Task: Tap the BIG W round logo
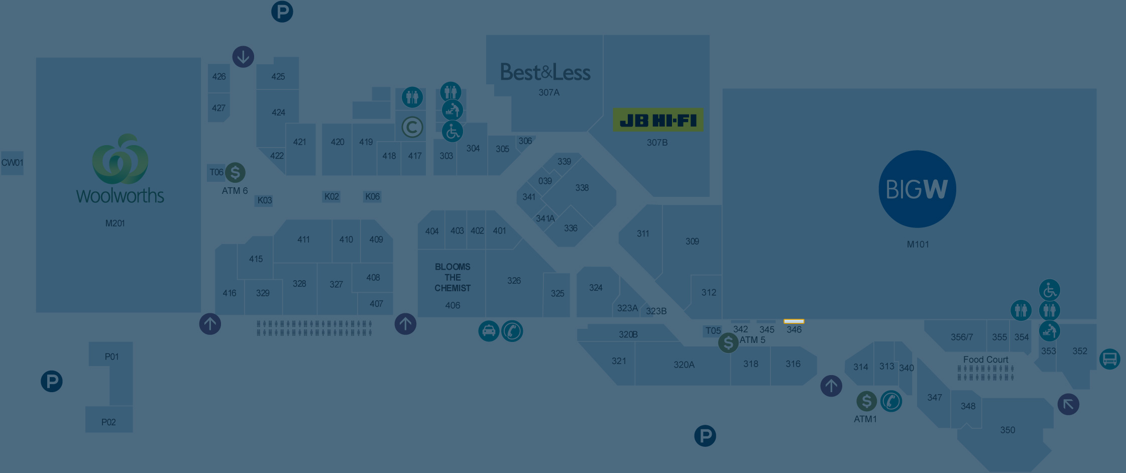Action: [x=917, y=189]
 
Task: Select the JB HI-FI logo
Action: [x=658, y=121]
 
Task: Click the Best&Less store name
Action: [x=545, y=73]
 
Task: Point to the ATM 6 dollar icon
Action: [x=235, y=172]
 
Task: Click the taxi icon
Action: [x=489, y=331]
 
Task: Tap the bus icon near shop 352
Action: [x=1109, y=359]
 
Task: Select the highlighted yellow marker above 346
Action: [x=794, y=321]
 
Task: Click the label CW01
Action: [x=12, y=163]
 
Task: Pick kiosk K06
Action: [x=372, y=196]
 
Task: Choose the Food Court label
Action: [x=985, y=360]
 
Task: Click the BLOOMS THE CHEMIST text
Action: [x=453, y=277]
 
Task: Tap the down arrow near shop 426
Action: [x=243, y=57]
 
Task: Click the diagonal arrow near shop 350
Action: [x=1068, y=404]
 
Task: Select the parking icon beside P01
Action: [x=52, y=381]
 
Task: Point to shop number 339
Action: [x=564, y=161]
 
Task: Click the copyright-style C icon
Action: [x=412, y=127]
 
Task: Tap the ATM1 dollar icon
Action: [x=866, y=401]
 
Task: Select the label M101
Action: [x=918, y=245]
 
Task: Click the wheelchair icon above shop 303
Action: [x=452, y=132]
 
